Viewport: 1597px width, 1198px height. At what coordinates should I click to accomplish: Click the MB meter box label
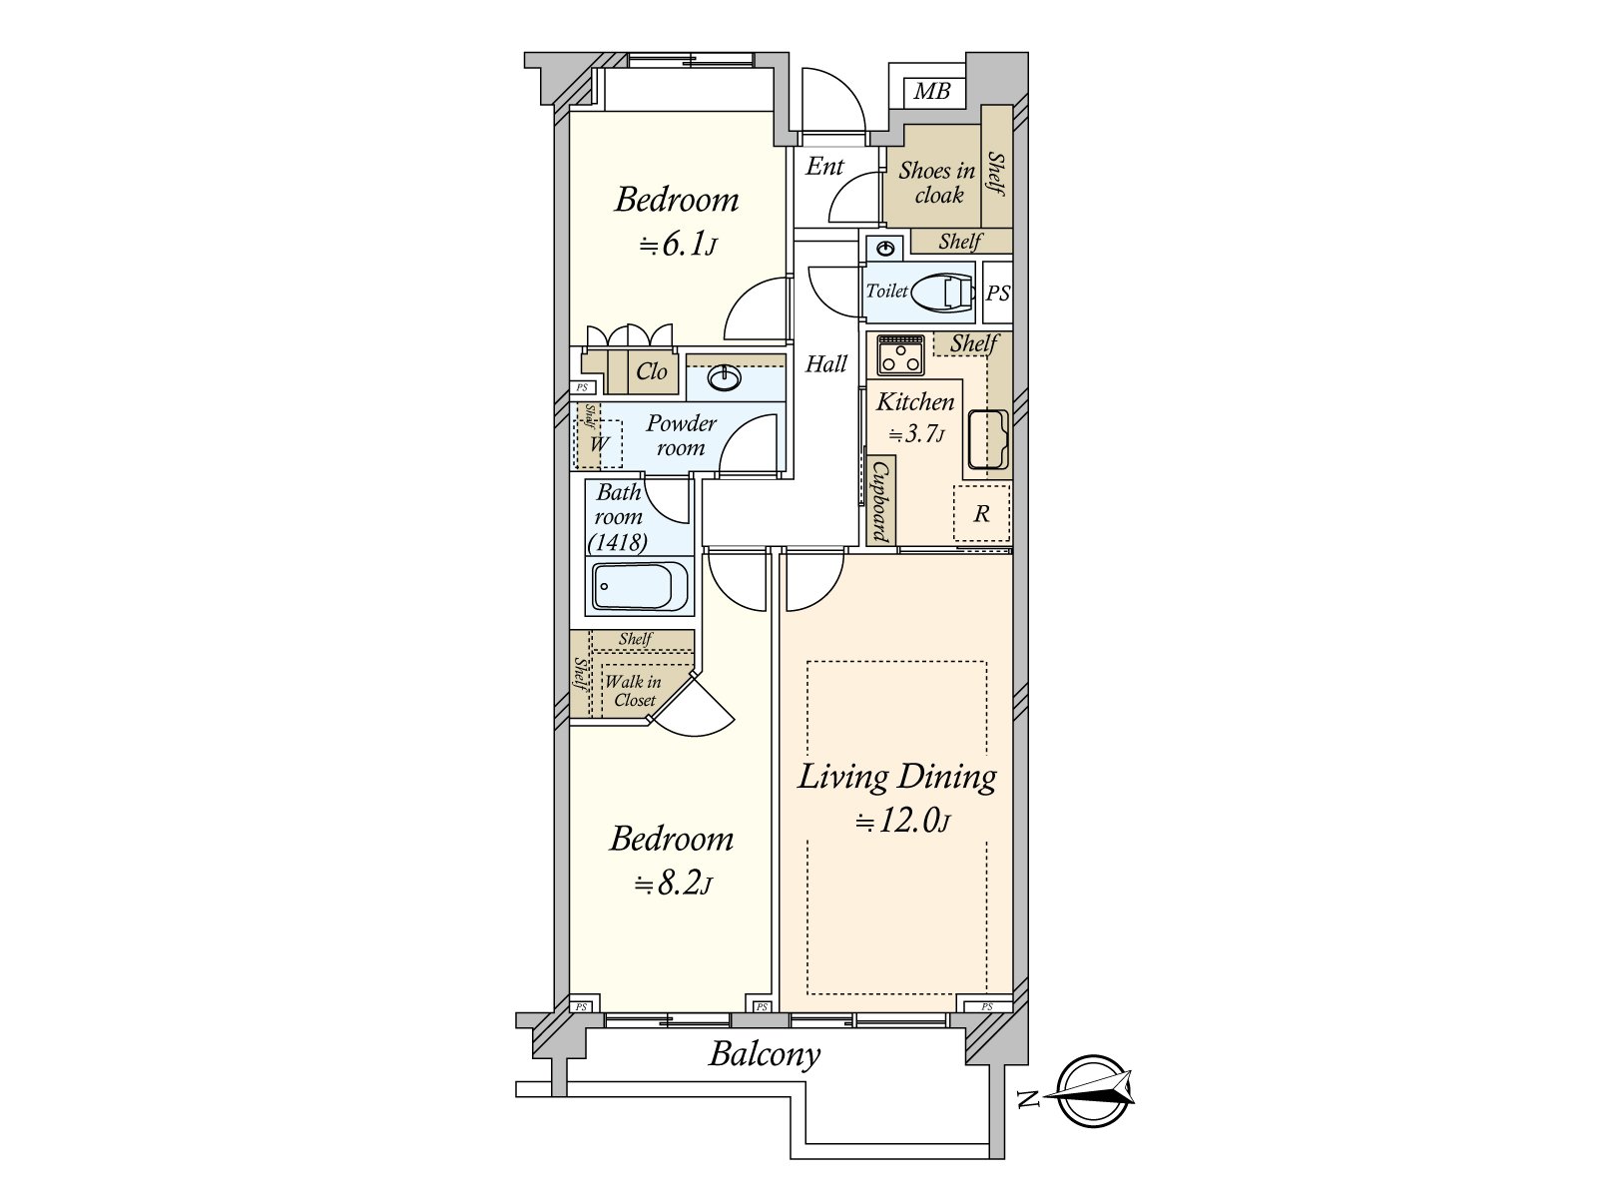coord(932,92)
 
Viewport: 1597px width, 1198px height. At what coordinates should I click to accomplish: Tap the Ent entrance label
coord(824,167)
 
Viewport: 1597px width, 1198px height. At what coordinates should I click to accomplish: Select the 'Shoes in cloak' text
coord(937,183)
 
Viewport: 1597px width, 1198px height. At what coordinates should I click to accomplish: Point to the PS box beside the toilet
coord(997,293)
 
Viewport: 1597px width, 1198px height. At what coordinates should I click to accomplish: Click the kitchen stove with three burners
coord(900,354)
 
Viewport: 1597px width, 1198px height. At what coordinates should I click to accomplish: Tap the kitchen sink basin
coord(987,440)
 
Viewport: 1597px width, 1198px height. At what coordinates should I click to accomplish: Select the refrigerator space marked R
coord(981,513)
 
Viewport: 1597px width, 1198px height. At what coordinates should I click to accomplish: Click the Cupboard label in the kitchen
coord(881,502)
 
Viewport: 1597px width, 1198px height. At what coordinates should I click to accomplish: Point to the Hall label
coord(825,363)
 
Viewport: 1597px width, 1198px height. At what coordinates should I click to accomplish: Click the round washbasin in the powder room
coord(725,377)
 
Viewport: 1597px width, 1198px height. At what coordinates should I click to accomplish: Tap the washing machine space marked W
coord(599,443)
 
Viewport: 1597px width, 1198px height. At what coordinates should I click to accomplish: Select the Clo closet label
coord(651,371)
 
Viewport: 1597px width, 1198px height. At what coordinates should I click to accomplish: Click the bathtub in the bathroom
coord(640,586)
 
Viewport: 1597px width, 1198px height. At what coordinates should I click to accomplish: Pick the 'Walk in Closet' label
coord(633,691)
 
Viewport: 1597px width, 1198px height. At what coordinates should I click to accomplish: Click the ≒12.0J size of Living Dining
coord(902,822)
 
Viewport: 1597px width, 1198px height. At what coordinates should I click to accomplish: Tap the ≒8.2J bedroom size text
coord(673,885)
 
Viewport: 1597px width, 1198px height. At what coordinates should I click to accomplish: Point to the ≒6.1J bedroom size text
coord(678,246)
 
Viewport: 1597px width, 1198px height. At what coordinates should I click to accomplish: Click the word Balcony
coord(765,1055)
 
